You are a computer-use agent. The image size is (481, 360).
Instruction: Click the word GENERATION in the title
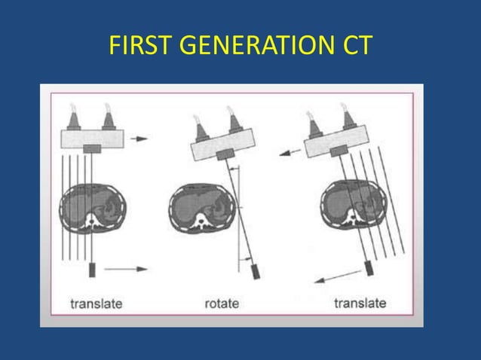[249, 47]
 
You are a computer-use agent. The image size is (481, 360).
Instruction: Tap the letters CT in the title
[353, 47]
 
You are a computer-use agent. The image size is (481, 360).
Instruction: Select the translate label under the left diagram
[96, 304]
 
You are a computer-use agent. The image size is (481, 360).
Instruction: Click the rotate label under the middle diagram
[222, 304]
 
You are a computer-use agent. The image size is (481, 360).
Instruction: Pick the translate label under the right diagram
[360, 304]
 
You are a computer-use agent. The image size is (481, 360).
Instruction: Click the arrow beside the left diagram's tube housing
[139, 139]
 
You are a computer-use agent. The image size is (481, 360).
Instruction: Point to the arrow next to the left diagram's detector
[125, 268]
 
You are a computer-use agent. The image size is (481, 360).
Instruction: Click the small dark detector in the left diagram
[93, 269]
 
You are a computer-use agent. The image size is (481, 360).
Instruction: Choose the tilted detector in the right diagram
[370, 267]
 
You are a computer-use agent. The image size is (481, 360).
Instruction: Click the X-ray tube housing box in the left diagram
[92, 138]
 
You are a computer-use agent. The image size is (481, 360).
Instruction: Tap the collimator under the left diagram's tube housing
[92, 151]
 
